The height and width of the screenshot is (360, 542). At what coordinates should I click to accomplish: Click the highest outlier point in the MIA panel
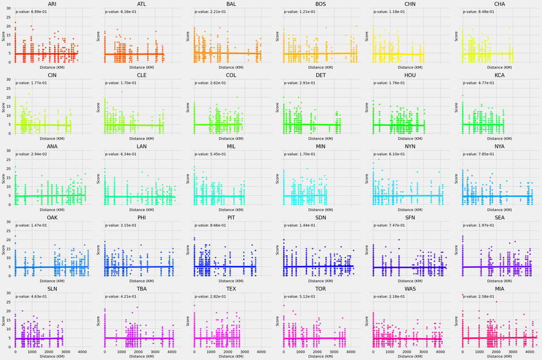click(497, 302)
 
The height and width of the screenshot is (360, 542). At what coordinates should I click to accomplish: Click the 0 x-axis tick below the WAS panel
click(373, 351)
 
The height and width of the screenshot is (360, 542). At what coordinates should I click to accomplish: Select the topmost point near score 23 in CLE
click(121, 92)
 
